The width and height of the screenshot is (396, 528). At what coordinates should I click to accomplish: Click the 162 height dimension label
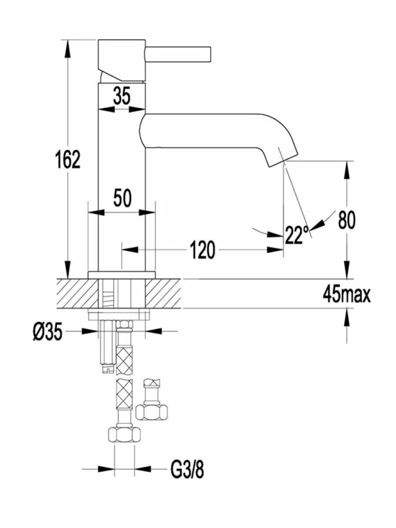click(68, 160)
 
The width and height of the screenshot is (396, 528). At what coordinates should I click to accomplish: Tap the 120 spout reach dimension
click(202, 250)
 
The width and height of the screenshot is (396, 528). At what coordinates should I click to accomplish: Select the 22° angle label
click(297, 235)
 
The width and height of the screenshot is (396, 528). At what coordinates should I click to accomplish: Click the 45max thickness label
click(346, 295)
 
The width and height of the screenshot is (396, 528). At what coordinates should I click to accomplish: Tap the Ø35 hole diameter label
click(48, 332)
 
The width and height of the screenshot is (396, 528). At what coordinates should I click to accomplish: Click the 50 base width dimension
click(123, 198)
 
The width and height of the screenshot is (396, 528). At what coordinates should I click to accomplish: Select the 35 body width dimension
click(122, 95)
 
